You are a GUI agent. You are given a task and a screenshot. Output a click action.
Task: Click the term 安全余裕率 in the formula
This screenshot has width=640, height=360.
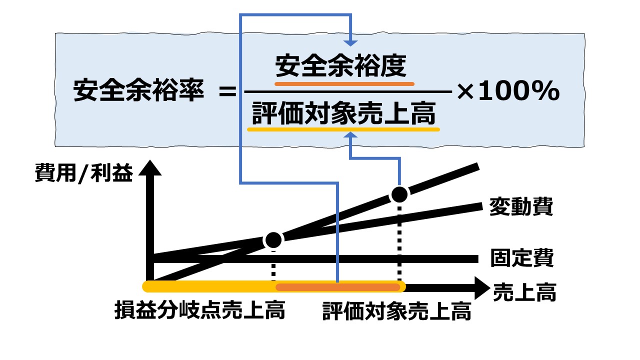point(138,92)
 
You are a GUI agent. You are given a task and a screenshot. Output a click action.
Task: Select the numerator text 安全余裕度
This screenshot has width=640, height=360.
point(341,65)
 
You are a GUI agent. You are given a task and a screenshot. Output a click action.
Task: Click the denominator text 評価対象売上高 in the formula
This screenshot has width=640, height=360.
point(343,114)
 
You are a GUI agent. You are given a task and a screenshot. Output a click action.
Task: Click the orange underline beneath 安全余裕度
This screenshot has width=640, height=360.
point(344,83)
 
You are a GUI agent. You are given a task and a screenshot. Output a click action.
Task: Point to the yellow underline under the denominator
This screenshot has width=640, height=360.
point(343,129)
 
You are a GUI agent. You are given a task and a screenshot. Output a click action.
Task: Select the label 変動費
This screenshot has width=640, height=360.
point(522,207)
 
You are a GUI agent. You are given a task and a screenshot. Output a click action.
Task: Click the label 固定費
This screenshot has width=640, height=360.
point(522,258)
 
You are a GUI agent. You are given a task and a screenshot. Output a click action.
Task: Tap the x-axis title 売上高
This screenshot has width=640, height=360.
point(525,292)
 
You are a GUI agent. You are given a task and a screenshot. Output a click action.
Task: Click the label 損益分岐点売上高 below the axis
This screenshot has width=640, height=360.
point(199,310)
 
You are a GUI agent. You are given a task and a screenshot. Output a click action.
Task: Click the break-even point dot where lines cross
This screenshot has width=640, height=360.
point(273,240)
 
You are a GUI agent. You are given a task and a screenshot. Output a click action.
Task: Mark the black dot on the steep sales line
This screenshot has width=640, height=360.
point(399,194)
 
